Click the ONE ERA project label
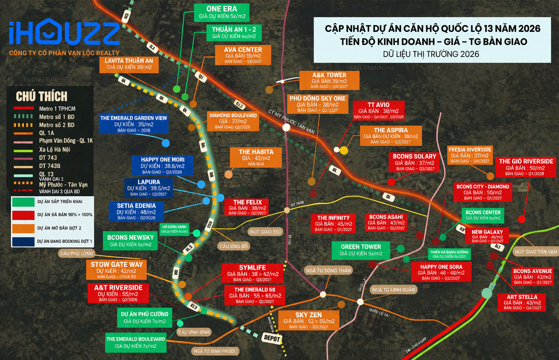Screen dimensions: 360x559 222,13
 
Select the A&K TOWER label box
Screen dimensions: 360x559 329,80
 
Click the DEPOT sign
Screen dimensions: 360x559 272,338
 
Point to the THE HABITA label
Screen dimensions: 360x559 256,157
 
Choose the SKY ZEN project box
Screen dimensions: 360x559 309,320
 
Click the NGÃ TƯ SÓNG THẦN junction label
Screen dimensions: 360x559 328,270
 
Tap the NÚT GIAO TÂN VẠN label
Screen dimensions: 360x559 536,252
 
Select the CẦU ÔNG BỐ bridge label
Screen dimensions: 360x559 234,246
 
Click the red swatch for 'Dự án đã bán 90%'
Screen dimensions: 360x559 23,215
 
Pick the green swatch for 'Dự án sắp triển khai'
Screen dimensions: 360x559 23,201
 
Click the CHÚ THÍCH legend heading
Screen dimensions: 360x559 41,97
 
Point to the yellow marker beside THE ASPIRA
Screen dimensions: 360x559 344,150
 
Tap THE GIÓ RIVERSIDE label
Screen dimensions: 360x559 526,167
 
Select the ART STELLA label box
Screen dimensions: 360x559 522,302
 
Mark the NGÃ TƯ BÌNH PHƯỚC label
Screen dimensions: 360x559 215,351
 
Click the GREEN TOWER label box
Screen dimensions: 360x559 361,250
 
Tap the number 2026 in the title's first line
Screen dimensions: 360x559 529,29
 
